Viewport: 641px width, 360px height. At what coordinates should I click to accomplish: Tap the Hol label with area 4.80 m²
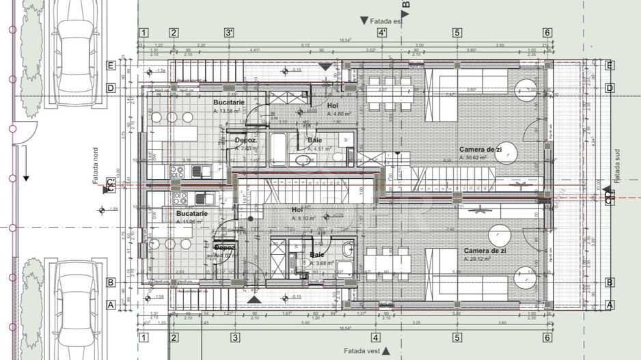(332, 106)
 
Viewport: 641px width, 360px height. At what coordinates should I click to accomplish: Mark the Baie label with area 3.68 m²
(317, 254)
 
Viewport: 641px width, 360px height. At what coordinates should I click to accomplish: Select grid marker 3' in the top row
(230, 33)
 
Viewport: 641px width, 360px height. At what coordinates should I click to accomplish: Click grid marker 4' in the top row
(382, 33)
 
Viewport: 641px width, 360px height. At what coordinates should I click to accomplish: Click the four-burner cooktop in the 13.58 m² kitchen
(176, 171)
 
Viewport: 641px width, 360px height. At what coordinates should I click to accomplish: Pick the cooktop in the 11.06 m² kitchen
(180, 198)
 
